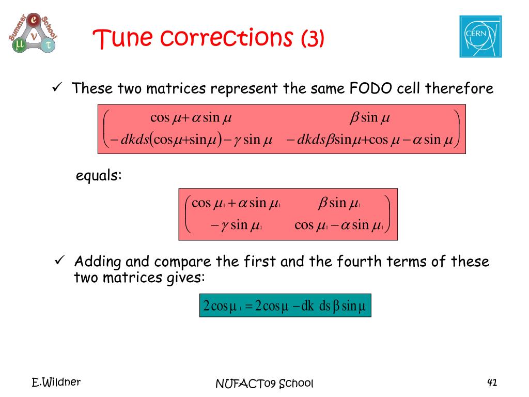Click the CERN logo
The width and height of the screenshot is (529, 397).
(x=480, y=37)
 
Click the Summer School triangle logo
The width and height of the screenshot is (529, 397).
(x=33, y=33)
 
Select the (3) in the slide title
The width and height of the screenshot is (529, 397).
(x=313, y=38)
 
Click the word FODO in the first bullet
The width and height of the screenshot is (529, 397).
(x=370, y=88)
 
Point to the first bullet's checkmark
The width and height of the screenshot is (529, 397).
(x=57, y=87)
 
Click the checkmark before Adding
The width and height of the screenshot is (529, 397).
(x=59, y=261)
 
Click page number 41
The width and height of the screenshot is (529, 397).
(x=492, y=383)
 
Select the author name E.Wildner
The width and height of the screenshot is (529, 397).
(x=56, y=382)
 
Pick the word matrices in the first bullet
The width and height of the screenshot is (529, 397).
(x=176, y=88)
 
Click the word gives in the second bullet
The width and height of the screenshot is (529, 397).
(x=185, y=278)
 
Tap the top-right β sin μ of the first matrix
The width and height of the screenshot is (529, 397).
(x=370, y=117)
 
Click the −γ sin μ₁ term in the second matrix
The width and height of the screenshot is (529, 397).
(x=236, y=225)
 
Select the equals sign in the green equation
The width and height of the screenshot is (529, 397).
(x=249, y=306)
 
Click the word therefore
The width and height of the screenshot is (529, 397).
(x=459, y=88)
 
